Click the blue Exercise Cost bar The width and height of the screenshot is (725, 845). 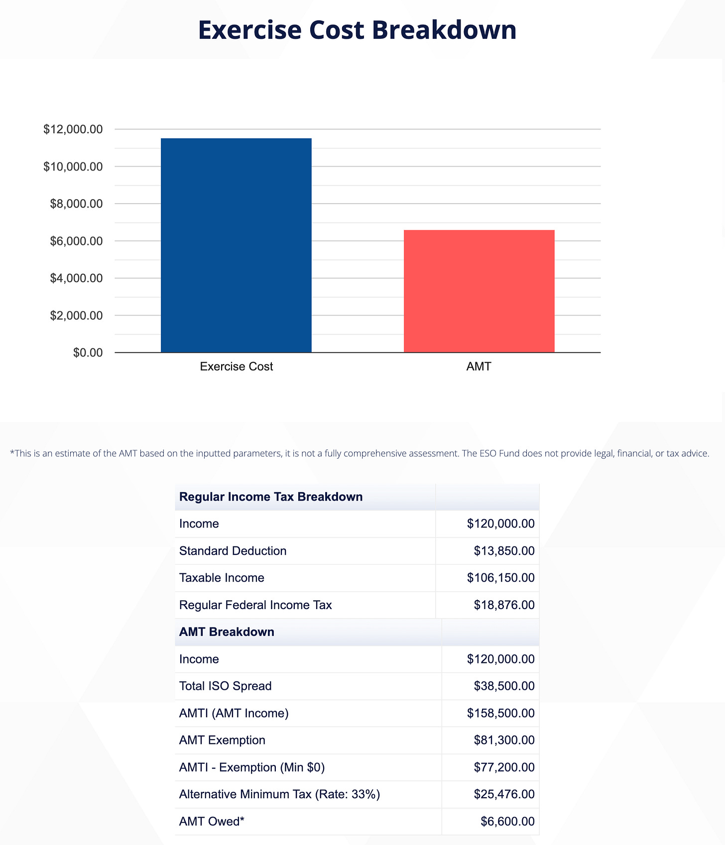pyautogui.click(x=236, y=245)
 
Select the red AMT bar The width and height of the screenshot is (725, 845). pyautogui.click(x=479, y=291)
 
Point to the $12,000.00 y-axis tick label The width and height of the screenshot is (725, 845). pyautogui.click(x=73, y=129)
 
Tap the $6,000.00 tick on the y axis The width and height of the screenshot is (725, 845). pyautogui.click(x=76, y=241)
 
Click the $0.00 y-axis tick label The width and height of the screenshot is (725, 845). pyautogui.click(x=88, y=353)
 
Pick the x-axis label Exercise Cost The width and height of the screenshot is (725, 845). pyautogui.click(x=236, y=367)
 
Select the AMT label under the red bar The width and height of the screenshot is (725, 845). pyautogui.click(x=479, y=367)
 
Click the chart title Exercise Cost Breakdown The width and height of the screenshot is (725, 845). pyautogui.click(x=357, y=30)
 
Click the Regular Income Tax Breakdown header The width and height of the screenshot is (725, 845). pyautogui.click(x=271, y=497)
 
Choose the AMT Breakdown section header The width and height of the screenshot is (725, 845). pyautogui.click(x=227, y=632)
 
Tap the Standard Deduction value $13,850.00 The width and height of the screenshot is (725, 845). pyautogui.click(x=504, y=551)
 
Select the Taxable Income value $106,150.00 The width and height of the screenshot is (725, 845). pyautogui.click(x=500, y=578)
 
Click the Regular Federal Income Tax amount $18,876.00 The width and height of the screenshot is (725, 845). pyautogui.click(x=504, y=605)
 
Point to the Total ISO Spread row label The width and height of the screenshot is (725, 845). pyautogui.click(x=225, y=686)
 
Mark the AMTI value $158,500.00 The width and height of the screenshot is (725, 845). pyautogui.click(x=500, y=713)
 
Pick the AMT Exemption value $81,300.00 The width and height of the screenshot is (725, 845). pyautogui.click(x=504, y=740)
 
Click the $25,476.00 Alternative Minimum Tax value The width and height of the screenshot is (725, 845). pyautogui.click(x=504, y=794)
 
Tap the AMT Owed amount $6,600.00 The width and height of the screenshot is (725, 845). pyautogui.click(x=507, y=822)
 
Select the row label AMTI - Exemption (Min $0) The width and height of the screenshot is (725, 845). pyautogui.click(x=252, y=767)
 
